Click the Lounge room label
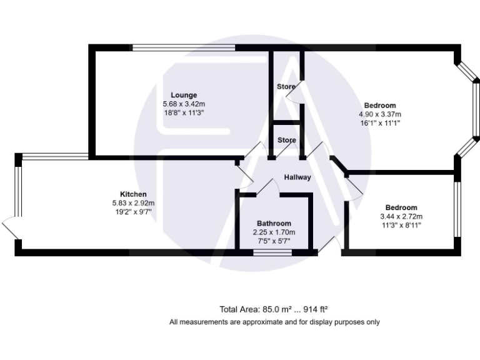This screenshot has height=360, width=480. (x=184, y=95)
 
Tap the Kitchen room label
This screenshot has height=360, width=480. (x=133, y=194)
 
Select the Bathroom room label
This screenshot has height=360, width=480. (x=274, y=224)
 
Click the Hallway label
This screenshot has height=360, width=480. (x=297, y=177)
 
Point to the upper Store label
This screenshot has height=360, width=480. (x=286, y=87)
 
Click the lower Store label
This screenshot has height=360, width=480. (x=286, y=141)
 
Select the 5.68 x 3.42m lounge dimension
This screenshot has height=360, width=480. (x=184, y=104)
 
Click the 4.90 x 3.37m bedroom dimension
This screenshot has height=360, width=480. (x=379, y=114)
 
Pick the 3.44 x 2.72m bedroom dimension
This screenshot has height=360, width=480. (x=401, y=216)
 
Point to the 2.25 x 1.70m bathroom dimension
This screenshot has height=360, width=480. (x=274, y=232)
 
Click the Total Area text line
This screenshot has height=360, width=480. (x=274, y=309)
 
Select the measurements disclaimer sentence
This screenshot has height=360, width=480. (x=274, y=322)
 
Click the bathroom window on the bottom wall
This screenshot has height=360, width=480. (x=272, y=252)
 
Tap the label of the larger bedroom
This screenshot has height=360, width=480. (x=381, y=106)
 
